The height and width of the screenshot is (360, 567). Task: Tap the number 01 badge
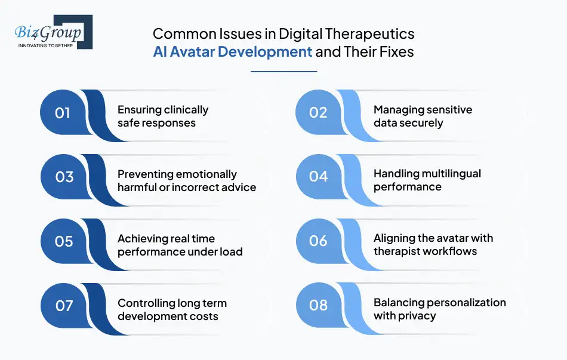coord(63,113)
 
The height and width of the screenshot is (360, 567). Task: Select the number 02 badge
coord(318,113)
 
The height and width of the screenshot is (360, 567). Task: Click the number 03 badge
coord(63,177)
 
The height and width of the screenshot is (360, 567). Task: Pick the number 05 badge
coord(63,242)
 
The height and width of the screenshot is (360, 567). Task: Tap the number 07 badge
coord(63,306)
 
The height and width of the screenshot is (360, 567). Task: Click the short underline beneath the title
coord(283,72)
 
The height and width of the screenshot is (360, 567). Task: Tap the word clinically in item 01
coord(186,110)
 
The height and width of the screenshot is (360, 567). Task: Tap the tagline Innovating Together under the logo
coord(46,45)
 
